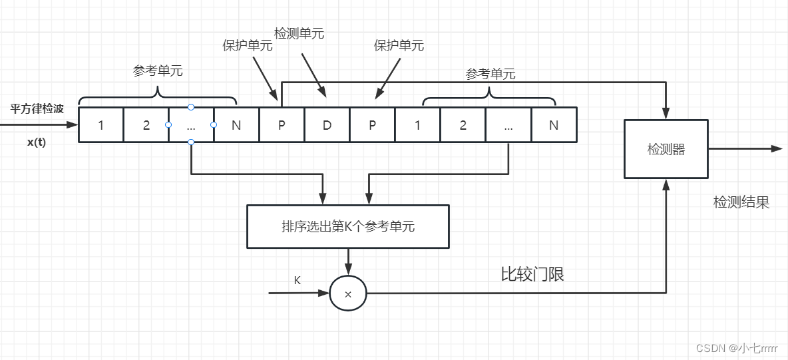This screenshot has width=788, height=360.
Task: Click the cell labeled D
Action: (327, 124)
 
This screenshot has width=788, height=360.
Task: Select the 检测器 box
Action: (666, 149)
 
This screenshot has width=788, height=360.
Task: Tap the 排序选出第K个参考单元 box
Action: (347, 226)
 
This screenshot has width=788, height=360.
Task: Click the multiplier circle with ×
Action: (347, 293)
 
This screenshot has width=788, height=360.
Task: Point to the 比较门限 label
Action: (532, 273)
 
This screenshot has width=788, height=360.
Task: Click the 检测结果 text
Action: (741, 202)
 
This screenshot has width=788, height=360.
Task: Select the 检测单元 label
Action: (299, 33)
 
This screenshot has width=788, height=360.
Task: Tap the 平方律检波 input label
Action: (37, 108)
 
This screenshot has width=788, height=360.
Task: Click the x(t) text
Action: (37, 142)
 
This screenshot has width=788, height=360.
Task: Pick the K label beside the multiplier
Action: (297, 280)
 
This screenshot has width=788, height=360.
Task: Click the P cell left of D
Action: (282, 124)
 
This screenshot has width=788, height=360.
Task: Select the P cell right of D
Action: (372, 124)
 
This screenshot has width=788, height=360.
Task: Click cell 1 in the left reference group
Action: (101, 124)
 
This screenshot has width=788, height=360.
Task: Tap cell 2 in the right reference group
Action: (463, 124)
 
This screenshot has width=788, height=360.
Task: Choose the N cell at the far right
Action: (554, 124)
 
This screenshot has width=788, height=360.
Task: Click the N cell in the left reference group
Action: (236, 124)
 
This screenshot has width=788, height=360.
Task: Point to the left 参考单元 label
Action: (158, 71)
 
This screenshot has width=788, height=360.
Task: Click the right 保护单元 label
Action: (399, 45)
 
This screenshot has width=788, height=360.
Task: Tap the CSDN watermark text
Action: (736, 348)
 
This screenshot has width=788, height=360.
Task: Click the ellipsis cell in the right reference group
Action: (508, 124)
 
